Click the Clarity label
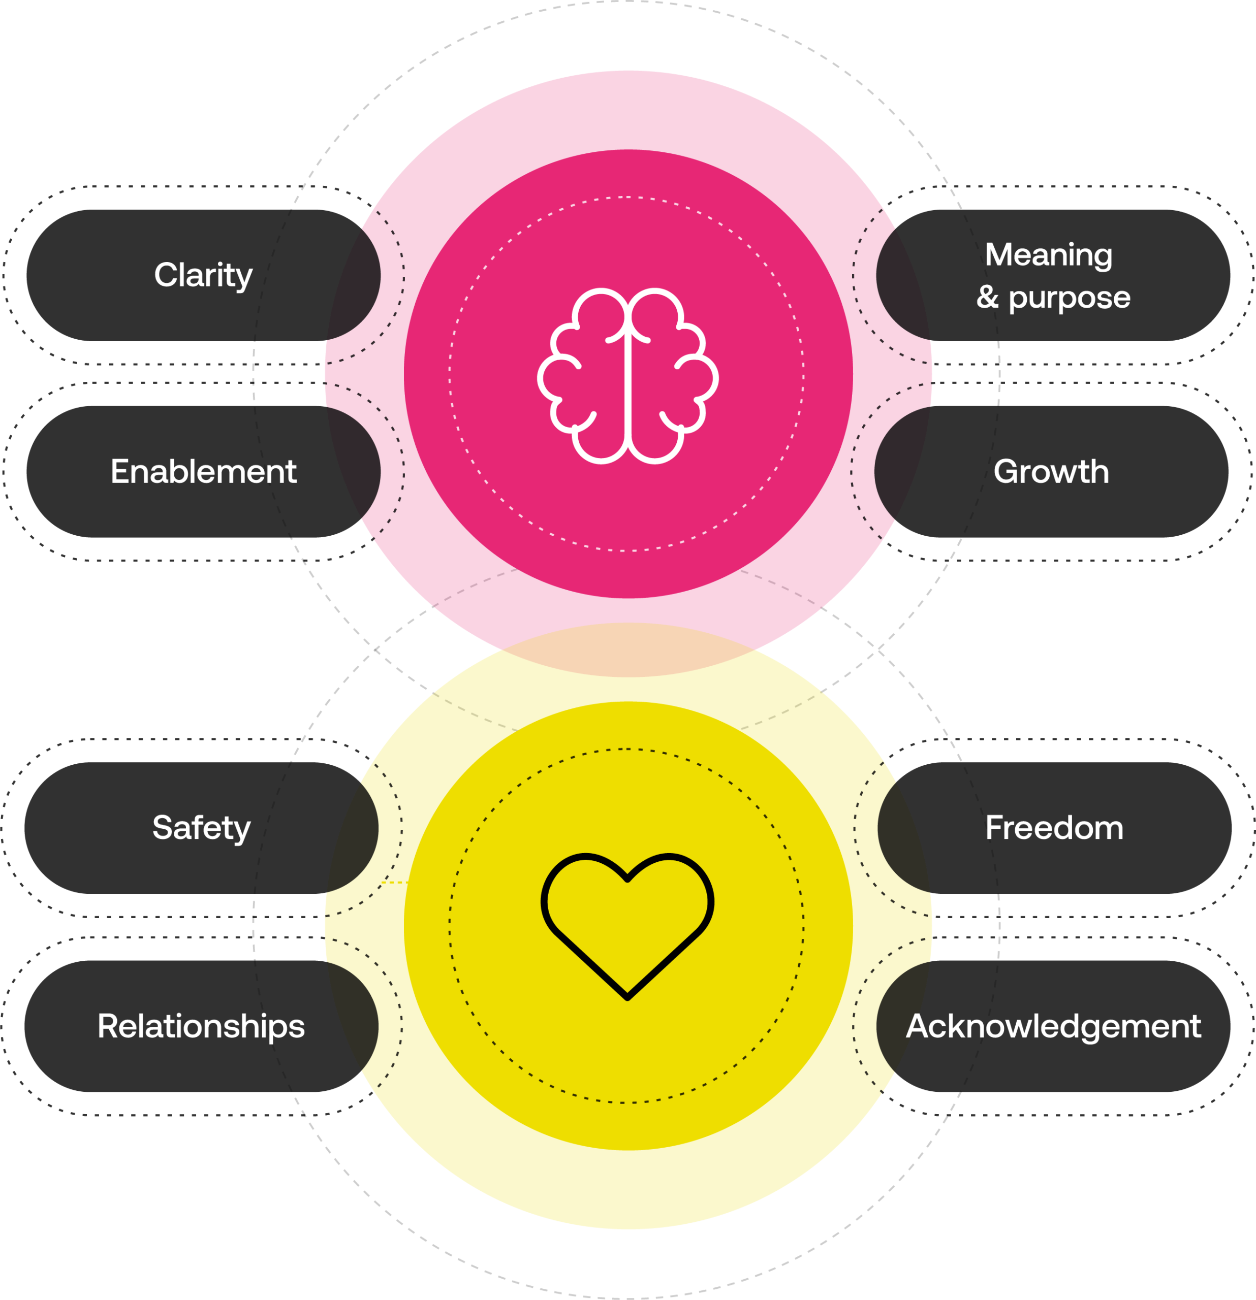203,275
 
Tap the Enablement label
203,472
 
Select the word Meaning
1048,255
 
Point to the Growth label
1051,472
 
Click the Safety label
202,828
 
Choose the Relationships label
201,1026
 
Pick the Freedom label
1054,828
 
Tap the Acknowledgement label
1053,1026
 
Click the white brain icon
627,376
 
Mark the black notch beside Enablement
355,464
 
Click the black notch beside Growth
901,464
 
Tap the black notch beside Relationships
354,1018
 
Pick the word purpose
1069,298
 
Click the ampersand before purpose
987,297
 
